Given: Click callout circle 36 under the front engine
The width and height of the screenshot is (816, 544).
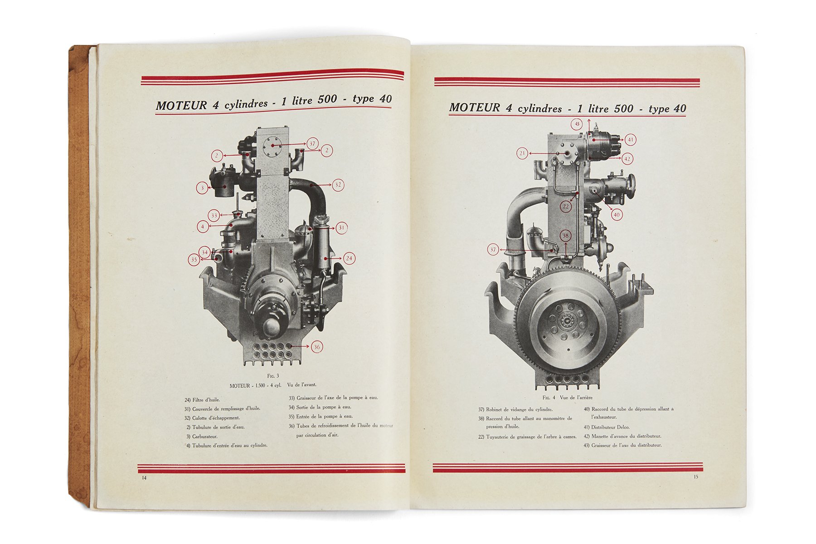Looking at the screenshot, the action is [317, 347].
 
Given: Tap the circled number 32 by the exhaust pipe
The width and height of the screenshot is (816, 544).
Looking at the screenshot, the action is [338, 185].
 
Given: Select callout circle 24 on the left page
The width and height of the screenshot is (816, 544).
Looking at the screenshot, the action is [349, 258].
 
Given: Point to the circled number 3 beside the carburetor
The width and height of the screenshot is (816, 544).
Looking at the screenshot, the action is [203, 188].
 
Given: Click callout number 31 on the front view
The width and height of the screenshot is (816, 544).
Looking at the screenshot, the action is [341, 228].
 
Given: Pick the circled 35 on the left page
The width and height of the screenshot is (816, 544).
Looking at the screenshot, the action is [194, 260].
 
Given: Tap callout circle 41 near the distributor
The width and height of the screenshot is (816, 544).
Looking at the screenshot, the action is [631, 140].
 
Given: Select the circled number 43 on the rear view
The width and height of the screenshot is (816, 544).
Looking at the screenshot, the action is [577, 124].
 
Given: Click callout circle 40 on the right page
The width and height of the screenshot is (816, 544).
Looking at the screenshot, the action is [617, 214].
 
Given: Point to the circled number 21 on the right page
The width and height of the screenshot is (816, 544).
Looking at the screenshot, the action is [522, 153].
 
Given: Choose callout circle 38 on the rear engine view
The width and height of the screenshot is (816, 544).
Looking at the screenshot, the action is [565, 236].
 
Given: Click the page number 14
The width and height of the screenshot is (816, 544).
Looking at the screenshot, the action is [144, 478].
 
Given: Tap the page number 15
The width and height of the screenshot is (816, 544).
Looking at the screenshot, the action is [696, 476].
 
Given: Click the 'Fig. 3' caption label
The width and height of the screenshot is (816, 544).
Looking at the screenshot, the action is [273, 376].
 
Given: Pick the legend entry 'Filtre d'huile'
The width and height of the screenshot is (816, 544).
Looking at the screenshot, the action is [206, 400].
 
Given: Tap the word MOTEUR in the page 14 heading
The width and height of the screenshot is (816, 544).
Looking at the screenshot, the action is [181, 106].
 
